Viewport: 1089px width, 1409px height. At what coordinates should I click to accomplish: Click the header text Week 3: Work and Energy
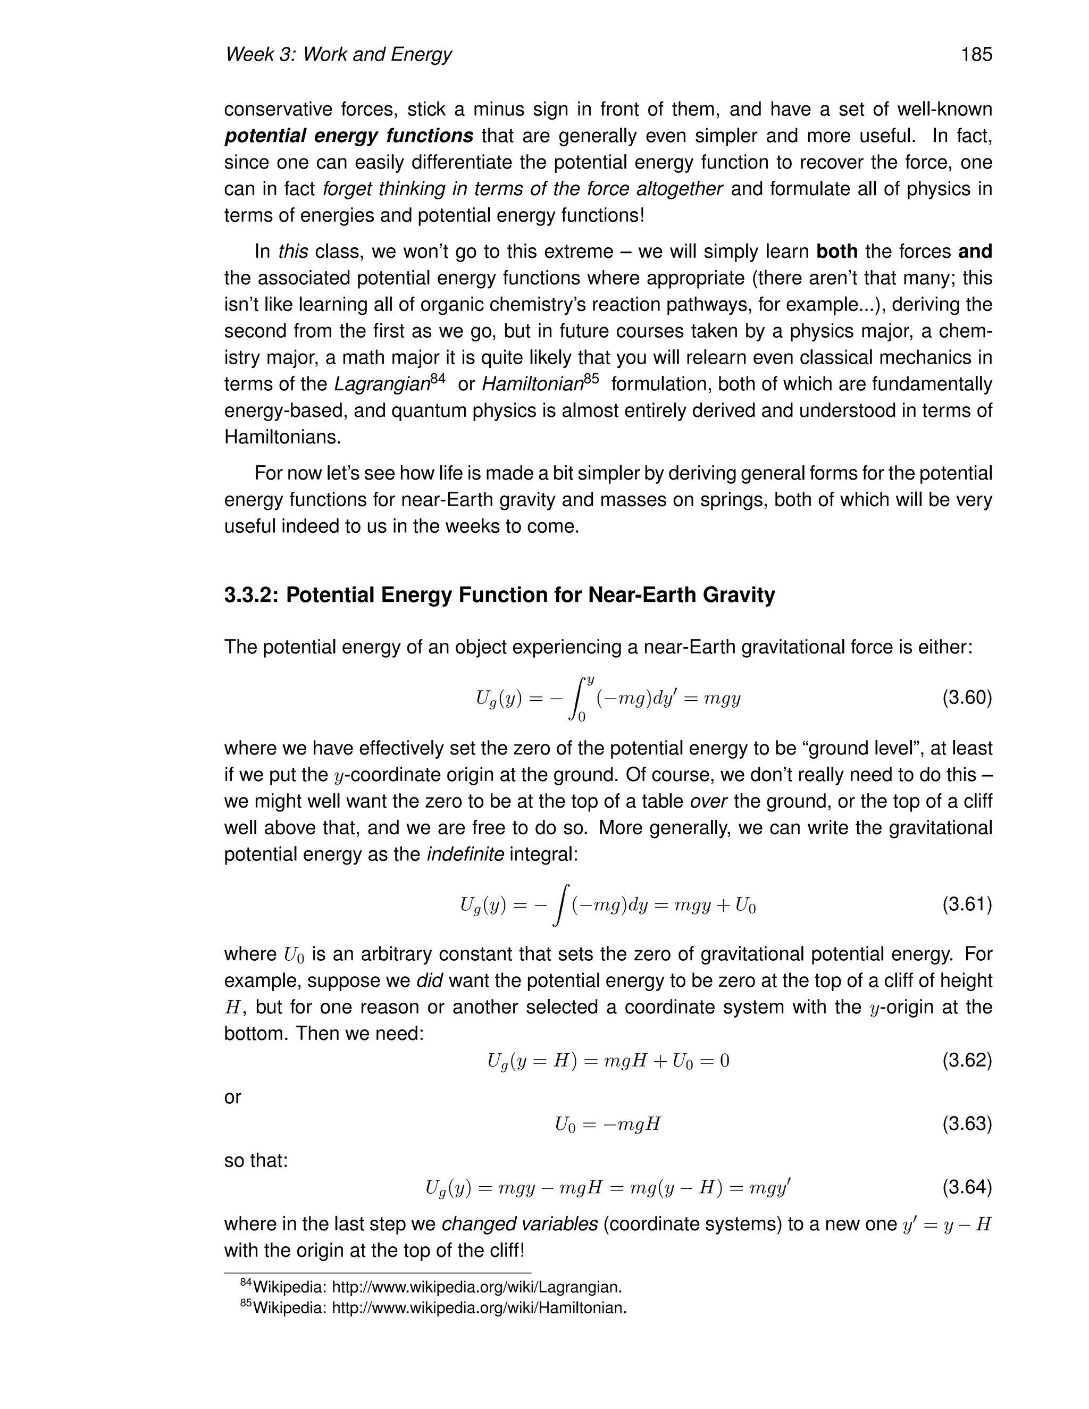click(338, 55)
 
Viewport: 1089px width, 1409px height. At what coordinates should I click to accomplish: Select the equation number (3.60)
click(966, 698)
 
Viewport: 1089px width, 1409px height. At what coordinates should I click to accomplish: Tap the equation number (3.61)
click(966, 905)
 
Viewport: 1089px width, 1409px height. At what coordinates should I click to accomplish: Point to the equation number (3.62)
click(966, 1061)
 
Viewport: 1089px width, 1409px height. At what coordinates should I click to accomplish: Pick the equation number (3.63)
click(966, 1124)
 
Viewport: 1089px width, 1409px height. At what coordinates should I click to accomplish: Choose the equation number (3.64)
click(966, 1187)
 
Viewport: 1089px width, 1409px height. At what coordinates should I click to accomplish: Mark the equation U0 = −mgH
click(608, 1125)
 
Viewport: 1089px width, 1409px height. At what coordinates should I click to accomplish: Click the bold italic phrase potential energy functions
click(349, 136)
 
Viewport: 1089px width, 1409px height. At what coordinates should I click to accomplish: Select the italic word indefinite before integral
click(465, 855)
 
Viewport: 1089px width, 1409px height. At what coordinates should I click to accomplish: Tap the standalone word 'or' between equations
click(232, 1097)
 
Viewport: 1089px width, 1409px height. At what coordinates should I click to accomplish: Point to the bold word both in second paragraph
click(837, 251)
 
